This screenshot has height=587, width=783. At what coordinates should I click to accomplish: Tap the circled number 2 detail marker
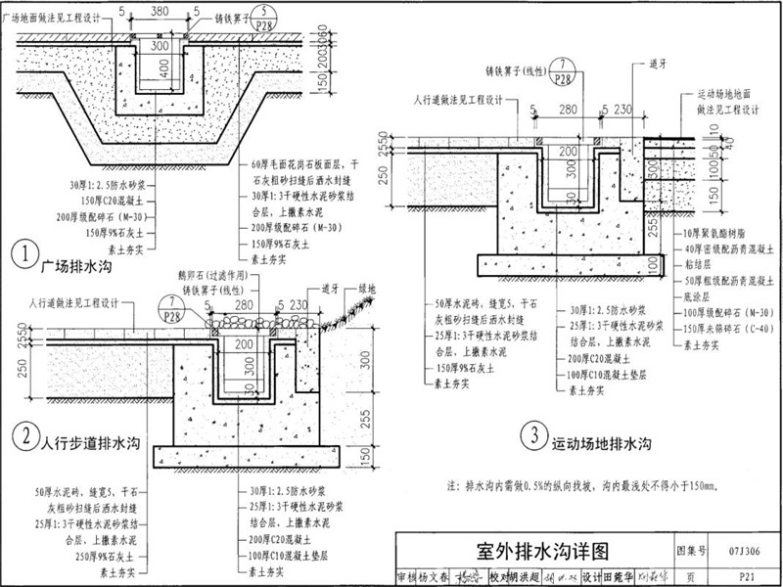coord(22,432)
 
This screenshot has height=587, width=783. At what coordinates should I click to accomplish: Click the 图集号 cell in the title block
coord(691,551)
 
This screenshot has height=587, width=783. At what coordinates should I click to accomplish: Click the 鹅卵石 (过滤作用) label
coord(228,277)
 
